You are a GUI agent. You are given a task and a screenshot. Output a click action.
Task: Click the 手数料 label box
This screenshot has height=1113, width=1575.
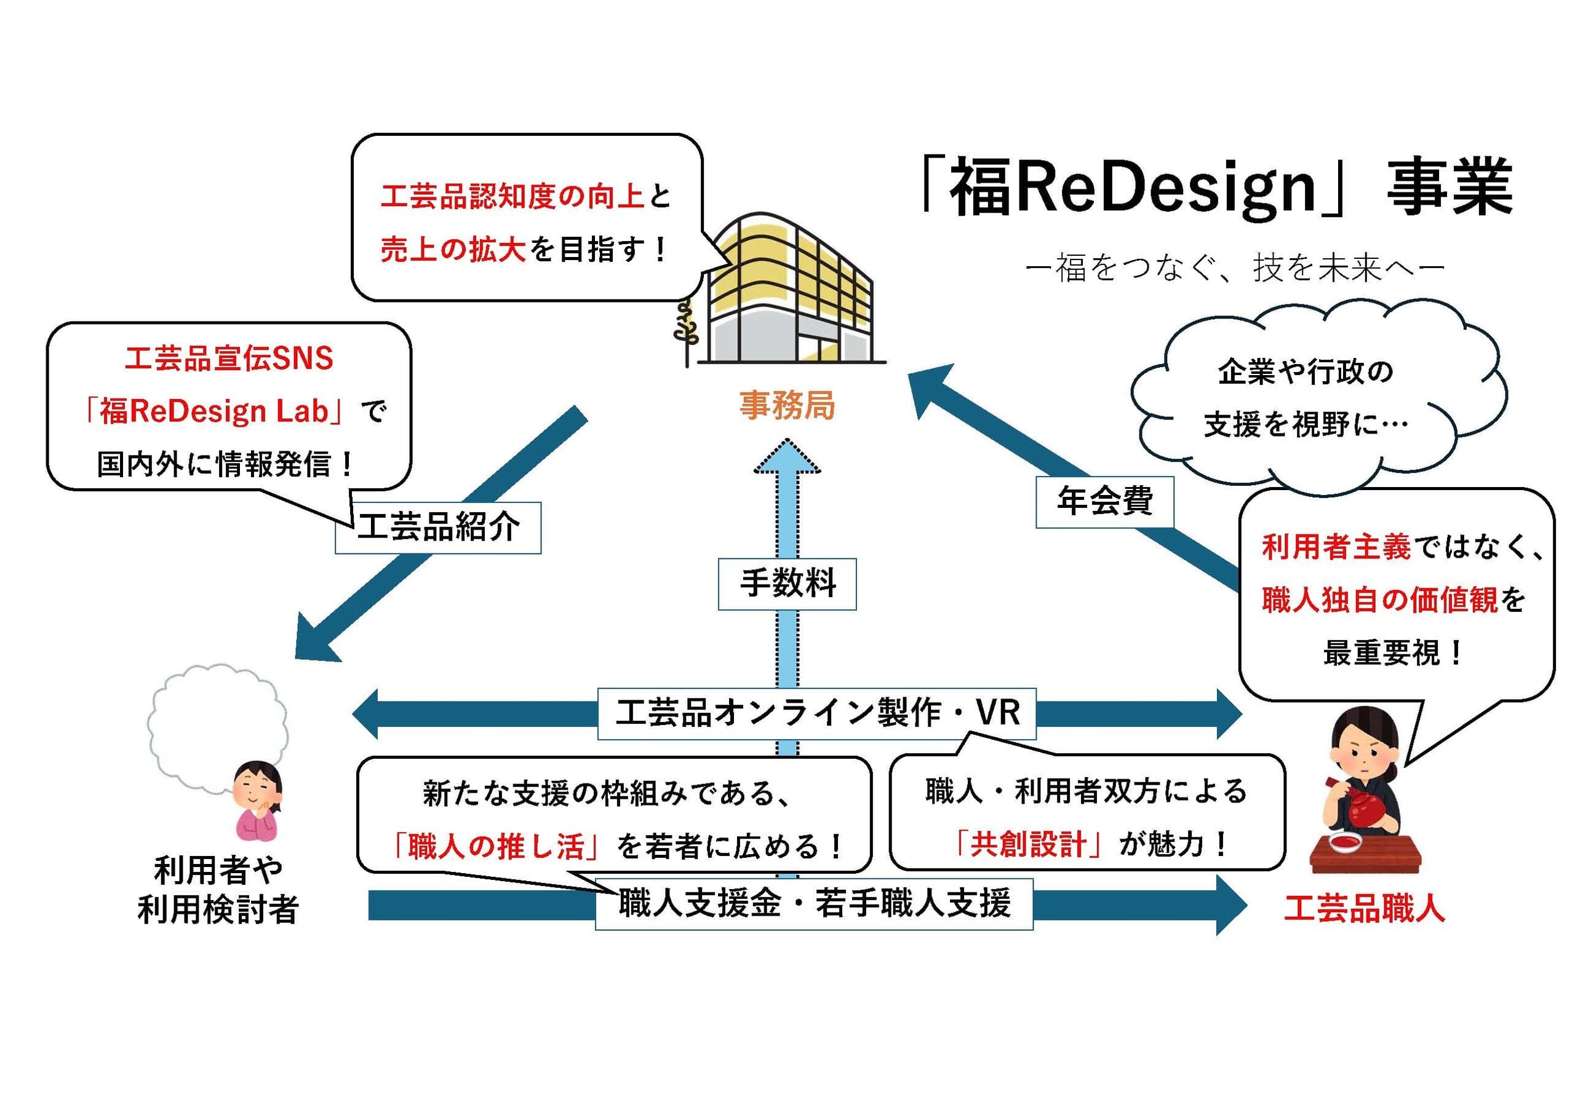tap(787, 584)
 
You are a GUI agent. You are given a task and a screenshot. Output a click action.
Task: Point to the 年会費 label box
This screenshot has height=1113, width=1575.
tap(1104, 502)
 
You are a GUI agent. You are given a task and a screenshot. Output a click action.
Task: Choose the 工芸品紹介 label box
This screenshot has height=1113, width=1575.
tap(437, 528)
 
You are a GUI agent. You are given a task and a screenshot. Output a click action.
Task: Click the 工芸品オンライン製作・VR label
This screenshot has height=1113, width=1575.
tap(816, 713)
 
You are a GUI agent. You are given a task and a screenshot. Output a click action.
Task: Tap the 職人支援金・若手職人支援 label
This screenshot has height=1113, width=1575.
tap(813, 904)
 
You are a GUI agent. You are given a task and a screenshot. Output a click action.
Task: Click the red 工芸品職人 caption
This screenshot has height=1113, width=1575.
tap(1365, 909)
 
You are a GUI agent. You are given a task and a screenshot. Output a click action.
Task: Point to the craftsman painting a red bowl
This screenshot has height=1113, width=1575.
tap(1365, 796)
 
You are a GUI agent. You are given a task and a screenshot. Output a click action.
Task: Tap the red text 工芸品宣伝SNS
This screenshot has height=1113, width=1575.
tap(228, 358)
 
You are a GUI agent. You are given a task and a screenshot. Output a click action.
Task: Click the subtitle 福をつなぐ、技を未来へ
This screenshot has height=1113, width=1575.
tap(1235, 268)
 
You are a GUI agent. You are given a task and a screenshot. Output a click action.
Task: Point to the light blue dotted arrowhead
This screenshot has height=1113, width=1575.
tap(787, 457)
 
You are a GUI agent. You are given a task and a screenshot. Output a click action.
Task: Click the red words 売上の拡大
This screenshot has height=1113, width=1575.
tap(453, 250)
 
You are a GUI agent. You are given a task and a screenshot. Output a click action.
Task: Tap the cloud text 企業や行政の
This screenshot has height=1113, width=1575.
tap(1305, 371)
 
